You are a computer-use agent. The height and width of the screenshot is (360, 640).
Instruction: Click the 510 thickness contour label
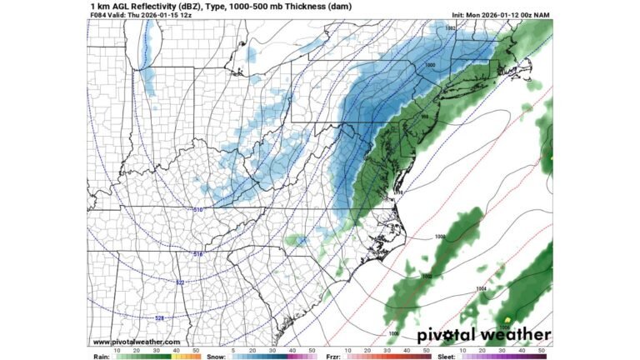tap(197, 209)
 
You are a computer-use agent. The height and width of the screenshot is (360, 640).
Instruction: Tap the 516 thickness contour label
tap(197, 253)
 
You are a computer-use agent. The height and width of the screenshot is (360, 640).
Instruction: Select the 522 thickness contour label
tap(180, 282)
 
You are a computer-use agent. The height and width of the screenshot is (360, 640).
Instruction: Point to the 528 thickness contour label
tap(159, 317)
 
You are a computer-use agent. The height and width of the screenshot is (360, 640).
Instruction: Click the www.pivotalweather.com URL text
tap(136, 342)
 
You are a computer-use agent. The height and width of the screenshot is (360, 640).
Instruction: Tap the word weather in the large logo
tap(519, 335)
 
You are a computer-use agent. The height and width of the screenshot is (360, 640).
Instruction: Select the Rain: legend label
tap(100, 352)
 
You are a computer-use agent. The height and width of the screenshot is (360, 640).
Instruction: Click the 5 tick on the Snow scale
tap(233, 351)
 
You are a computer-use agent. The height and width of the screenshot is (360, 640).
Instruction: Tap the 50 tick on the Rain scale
tap(196, 351)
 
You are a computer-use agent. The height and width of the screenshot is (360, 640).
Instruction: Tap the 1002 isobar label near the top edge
tap(451, 28)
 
